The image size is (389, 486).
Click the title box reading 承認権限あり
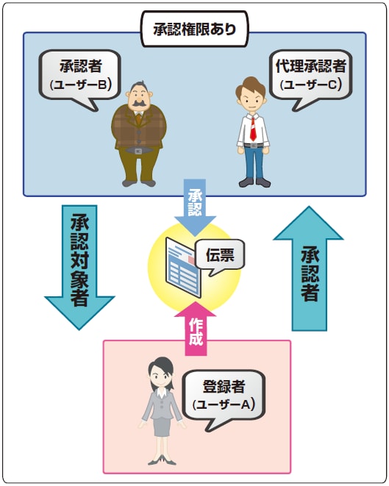(195, 29)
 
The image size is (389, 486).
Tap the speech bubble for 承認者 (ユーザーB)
(79, 75)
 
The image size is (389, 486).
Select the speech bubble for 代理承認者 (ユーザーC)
(310, 75)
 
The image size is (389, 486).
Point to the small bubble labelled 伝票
(220, 255)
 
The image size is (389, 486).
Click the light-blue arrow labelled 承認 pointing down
(195, 207)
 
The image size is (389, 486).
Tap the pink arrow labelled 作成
(196, 330)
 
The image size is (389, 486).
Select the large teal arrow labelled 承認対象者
(79, 267)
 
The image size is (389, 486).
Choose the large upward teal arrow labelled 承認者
(309, 268)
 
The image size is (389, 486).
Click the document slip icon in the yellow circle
(183, 267)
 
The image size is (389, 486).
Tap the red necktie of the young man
(253, 129)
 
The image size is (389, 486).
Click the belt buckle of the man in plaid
(138, 151)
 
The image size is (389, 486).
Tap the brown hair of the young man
(251, 87)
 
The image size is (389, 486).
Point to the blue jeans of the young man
(254, 162)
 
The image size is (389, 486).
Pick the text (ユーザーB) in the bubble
(80, 85)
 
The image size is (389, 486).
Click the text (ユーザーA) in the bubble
(224, 404)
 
